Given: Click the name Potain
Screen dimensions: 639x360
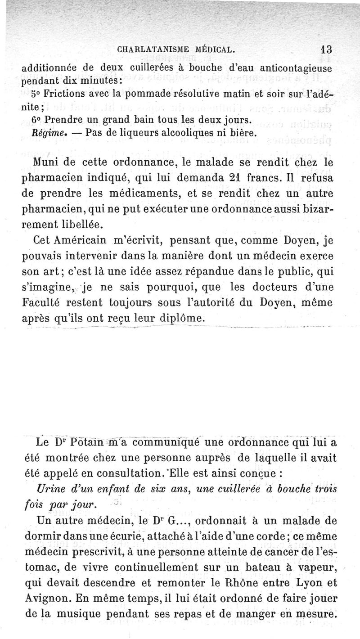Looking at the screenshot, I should (80, 444).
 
